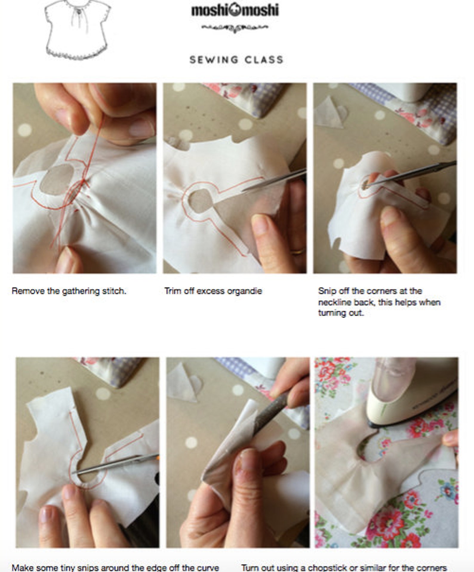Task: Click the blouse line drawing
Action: [x=77, y=30]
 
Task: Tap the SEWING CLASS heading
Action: [x=236, y=60]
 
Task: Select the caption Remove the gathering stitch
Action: [x=69, y=291]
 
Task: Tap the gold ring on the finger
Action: [x=298, y=251]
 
